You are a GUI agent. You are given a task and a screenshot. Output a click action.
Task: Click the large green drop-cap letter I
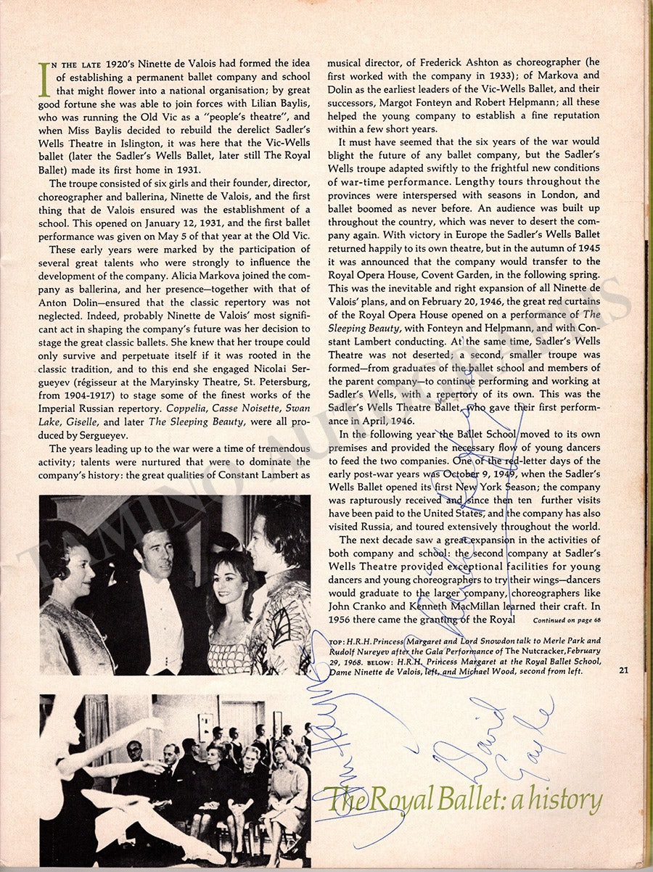(x=44, y=80)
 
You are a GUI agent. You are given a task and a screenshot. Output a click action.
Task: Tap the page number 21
(x=623, y=670)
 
